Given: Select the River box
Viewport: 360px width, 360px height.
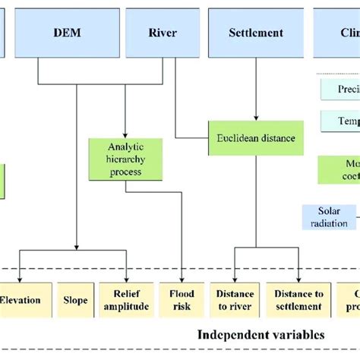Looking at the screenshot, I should coord(163,33).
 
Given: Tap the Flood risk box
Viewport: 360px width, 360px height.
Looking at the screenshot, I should coord(182,300).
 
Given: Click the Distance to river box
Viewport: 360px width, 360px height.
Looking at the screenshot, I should coord(235,300).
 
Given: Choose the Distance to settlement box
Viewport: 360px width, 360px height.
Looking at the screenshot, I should coord(295,300).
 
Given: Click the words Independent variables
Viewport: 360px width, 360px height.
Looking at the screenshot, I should coord(261,335).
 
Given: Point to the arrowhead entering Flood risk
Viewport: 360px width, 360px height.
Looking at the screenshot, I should coord(183,278).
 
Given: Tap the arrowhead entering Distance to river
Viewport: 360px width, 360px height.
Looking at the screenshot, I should coord(234,278).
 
